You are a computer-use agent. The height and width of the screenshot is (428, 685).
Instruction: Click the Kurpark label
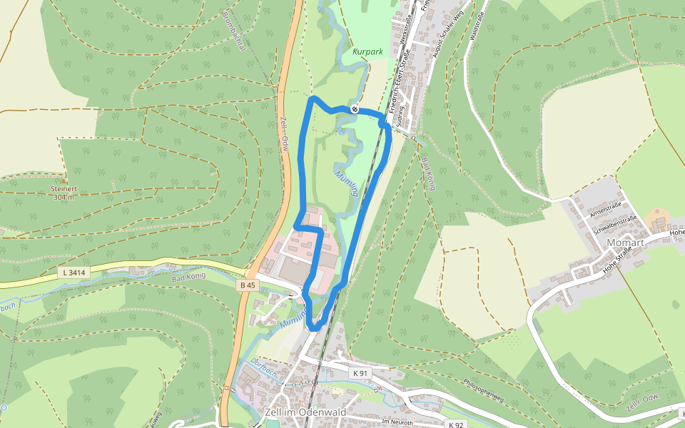[x=368, y=52]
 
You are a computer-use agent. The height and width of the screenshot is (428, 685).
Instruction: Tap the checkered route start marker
[x=355, y=109]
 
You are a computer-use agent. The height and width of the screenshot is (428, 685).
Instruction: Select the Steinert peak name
[x=63, y=189]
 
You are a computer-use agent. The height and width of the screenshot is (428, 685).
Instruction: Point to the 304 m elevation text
[x=64, y=198]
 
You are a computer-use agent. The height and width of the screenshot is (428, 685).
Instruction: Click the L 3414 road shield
[x=73, y=272]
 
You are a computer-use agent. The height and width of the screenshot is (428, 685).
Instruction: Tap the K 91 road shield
[x=360, y=373]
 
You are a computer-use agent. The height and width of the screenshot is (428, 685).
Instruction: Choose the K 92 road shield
[x=456, y=424]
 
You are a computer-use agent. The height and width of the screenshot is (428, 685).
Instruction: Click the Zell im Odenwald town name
[x=305, y=413]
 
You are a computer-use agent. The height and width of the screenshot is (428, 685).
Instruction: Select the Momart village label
[x=625, y=243]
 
